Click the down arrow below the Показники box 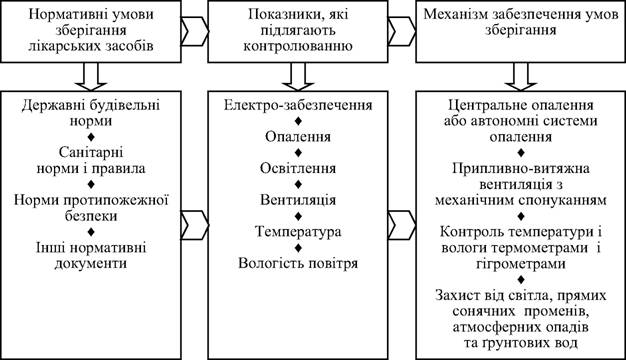tap(298, 77)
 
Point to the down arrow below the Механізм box tap(521, 77)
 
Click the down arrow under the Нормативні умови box tap(91, 77)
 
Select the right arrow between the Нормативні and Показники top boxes tap(195, 31)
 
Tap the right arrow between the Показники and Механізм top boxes tap(402, 31)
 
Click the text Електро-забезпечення tap(298, 105)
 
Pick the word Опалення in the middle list tap(298, 137)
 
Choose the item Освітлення tap(298, 168)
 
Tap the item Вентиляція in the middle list tap(298, 200)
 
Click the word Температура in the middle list tap(298, 231)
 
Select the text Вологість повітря tap(298, 263)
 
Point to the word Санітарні tap(91, 152)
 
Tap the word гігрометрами tap(521, 264)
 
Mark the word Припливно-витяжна tap(521, 168)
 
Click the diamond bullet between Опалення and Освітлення tap(298, 153)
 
